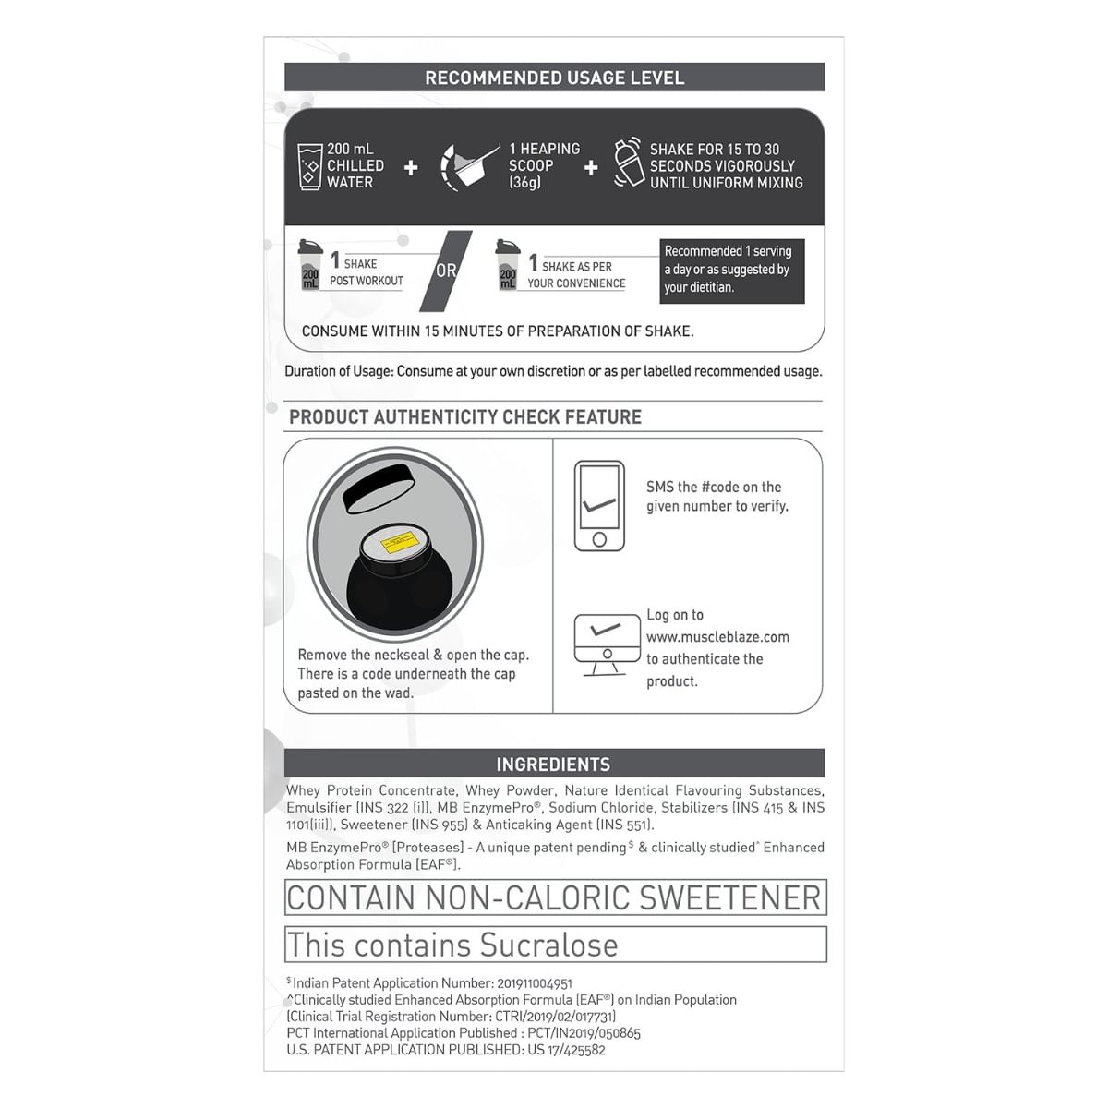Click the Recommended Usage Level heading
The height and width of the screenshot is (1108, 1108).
(x=554, y=78)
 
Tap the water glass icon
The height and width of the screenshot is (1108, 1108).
(x=309, y=166)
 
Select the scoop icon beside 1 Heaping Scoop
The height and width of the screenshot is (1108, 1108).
(x=469, y=166)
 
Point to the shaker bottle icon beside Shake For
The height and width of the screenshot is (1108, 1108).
(x=628, y=164)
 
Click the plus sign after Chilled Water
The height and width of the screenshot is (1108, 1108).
(x=411, y=167)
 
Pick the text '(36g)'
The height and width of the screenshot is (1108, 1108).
(x=525, y=183)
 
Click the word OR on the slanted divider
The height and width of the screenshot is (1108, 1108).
(x=446, y=271)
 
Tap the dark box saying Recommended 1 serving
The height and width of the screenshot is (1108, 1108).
(x=731, y=270)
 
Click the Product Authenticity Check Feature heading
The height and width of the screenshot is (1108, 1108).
(x=465, y=417)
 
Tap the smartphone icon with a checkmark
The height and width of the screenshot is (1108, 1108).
(x=599, y=506)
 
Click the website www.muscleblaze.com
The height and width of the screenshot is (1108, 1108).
(x=717, y=637)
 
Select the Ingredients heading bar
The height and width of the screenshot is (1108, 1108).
(x=554, y=764)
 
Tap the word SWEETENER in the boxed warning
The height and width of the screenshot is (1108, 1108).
(x=729, y=897)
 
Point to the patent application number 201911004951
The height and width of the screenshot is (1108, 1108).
(x=535, y=983)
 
